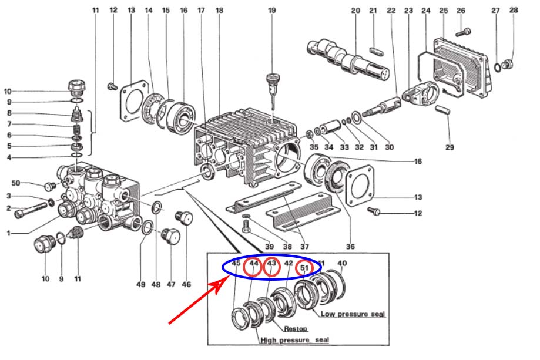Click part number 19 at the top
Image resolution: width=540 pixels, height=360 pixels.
click(x=271, y=11)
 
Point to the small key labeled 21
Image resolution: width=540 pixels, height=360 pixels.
click(x=377, y=51)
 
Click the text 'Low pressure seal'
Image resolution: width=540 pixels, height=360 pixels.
click(x=353, y=314)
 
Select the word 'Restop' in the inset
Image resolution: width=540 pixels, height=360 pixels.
click(x=296, y=329)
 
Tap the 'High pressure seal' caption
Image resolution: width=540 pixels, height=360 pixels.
click(x=294, y=340)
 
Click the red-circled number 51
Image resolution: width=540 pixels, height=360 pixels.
click(x=304, y=267)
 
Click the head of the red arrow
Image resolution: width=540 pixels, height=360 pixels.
click(x=221, y=285)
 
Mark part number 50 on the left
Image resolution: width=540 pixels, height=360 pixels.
click(x=16, y=183)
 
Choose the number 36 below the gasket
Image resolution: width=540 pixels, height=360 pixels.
click(x=350, y=247)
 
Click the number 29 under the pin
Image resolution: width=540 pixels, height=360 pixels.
click(x=450, y=147)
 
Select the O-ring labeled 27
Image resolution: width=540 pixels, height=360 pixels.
click(x=498, y=68)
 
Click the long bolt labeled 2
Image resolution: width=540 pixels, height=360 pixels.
click(x=31, y=210)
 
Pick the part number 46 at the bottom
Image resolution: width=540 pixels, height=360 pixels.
click(x=186, y=284)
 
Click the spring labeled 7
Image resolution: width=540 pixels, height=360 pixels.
click(x=78, y=130)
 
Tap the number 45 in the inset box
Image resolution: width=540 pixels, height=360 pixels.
click(x=236, y=264)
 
